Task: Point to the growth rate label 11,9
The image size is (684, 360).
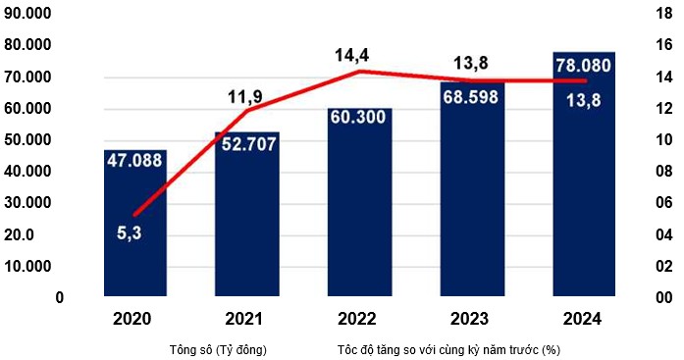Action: click(x=246, y=98)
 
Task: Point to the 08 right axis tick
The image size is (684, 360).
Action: click(x=663, y=172)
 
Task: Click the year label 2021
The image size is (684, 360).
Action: click(x=247, y=320)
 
